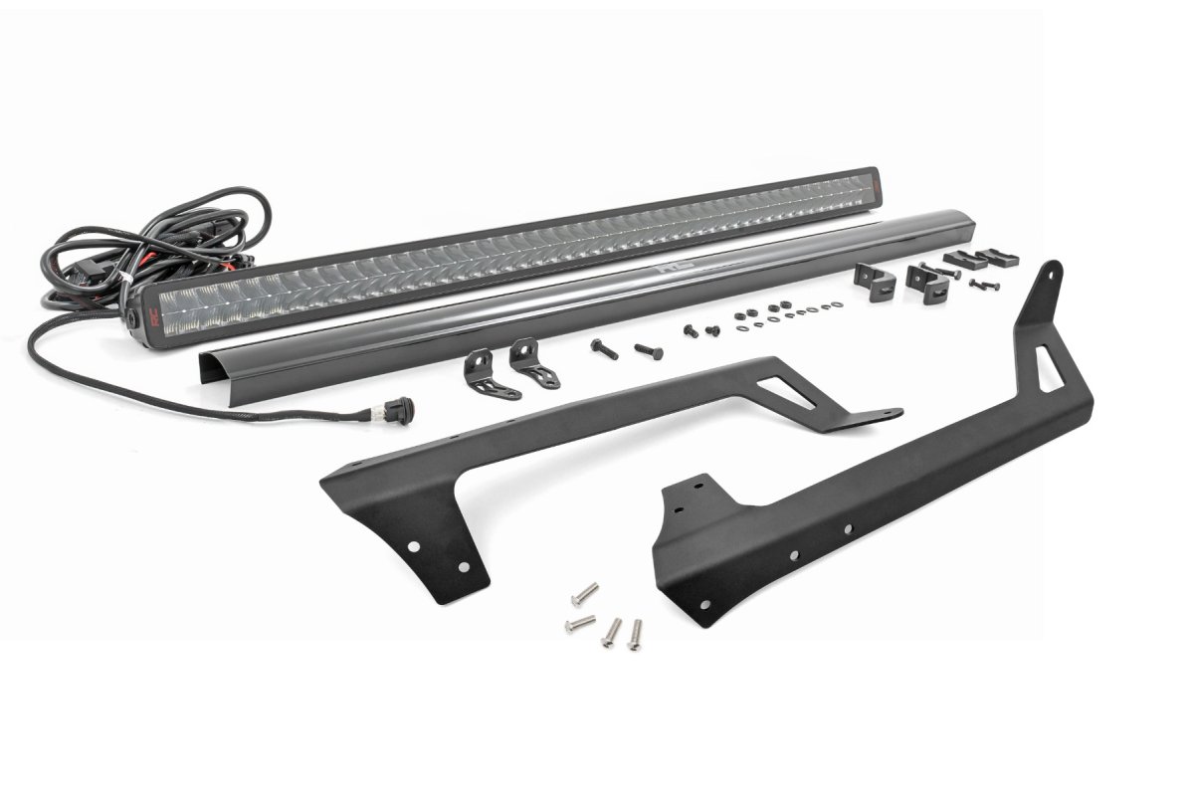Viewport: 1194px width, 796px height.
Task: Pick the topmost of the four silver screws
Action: pos(584,595)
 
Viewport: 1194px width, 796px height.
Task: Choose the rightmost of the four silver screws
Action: pos(634,634)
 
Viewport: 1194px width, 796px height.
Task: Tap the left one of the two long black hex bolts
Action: pos(603,348)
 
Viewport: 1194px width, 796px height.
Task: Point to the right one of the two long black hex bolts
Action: pos(646,351)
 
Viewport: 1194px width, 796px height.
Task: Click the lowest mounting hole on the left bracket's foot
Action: pos(463,565)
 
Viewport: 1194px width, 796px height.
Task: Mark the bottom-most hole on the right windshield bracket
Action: pos(705,603)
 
